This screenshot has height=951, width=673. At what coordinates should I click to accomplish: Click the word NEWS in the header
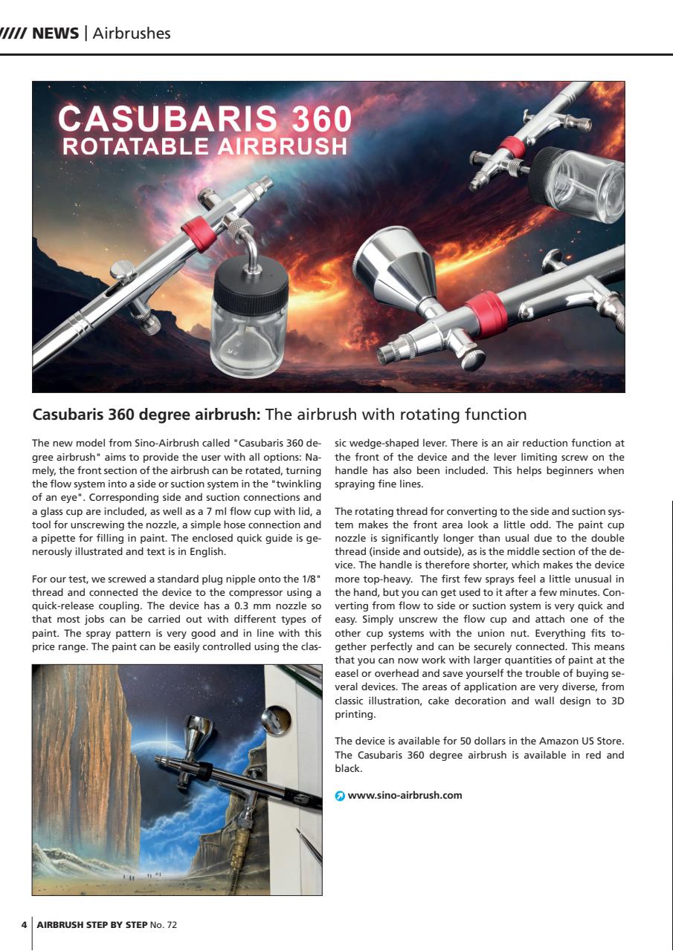(x=55, y=33)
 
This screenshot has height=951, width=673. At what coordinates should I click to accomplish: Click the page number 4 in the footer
(x=24, y=925)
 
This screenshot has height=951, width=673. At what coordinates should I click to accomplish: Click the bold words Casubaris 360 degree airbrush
(x=146, y=414)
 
